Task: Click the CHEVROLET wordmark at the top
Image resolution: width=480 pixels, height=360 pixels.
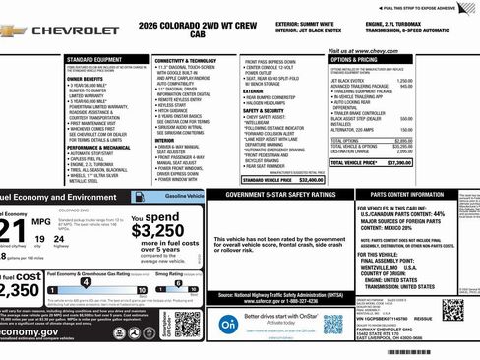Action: pyautogui.click(x=75, y=30)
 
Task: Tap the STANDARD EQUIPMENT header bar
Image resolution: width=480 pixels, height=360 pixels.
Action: pyautogui.click(x=94, y=59)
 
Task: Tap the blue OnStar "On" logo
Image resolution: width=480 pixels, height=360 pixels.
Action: pyautogui.click(x=228, y=324)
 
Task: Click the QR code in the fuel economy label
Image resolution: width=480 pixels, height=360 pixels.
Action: pyautogui.click(x=187, y=323)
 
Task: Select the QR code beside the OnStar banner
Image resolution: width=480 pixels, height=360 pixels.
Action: pyautogui.click(x=333, y=325)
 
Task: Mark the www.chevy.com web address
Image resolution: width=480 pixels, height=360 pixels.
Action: pyautogui.click(x=371, y=49)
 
